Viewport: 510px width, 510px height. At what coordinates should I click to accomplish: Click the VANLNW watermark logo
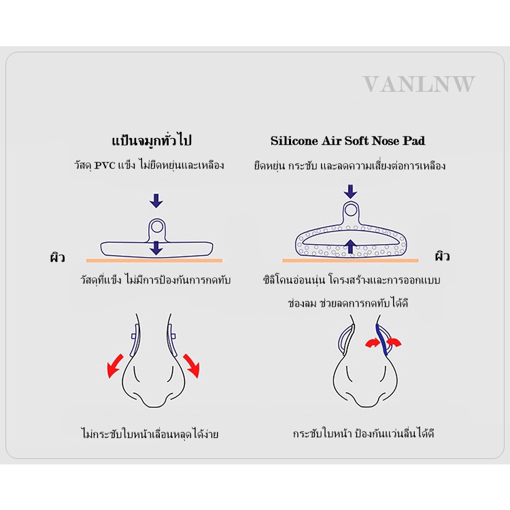coord(419,84)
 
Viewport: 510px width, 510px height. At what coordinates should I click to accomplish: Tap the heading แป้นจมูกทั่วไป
coord(152,141)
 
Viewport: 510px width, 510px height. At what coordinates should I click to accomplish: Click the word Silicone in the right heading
coord(294,141)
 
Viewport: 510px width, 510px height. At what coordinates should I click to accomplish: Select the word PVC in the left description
coord(105,165)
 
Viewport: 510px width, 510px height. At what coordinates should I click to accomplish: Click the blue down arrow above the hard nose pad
coord(156,201)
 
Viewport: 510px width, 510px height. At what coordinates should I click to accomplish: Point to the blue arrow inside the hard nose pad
coord(156,248)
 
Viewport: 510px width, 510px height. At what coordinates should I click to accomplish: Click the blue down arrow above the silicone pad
coord(350,192)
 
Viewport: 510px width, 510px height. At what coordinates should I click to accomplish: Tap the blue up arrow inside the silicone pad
coord(350,246)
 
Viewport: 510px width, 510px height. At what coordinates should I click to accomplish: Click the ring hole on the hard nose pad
coord(157,226)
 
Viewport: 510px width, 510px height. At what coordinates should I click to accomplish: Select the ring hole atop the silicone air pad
coord(351,210)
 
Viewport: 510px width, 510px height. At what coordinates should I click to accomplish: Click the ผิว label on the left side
coord(58,257)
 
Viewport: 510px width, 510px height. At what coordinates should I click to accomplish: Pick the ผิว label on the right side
coord(443,256)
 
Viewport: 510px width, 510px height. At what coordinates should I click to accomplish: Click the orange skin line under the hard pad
coord(154,260)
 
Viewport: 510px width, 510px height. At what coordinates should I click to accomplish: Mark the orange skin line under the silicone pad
coord(350,260)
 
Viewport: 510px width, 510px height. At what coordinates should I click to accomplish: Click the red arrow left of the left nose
coord(115,367)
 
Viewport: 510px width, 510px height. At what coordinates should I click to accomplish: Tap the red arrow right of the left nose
coord(192,366)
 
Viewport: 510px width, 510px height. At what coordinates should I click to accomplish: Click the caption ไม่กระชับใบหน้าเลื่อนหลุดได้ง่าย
coord(150,434)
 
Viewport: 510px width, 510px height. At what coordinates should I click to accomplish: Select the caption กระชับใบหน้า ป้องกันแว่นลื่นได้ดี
coord(363,434)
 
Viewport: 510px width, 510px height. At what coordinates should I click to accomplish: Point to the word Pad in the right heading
coord(413,141)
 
